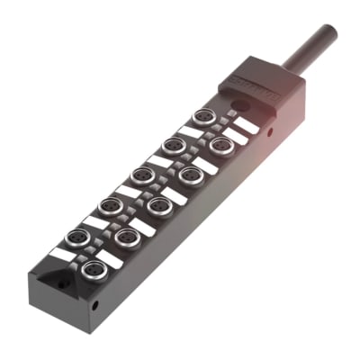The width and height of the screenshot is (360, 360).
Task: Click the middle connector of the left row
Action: [x=141, y=175]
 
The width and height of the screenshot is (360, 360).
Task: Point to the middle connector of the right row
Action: [x=159, y=206]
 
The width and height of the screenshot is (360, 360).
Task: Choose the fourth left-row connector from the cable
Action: [x=110, y=205]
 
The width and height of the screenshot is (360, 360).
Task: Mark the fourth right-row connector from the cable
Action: [x=127, y=238]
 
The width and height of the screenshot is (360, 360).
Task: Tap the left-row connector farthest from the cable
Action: [x=78, y=237]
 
